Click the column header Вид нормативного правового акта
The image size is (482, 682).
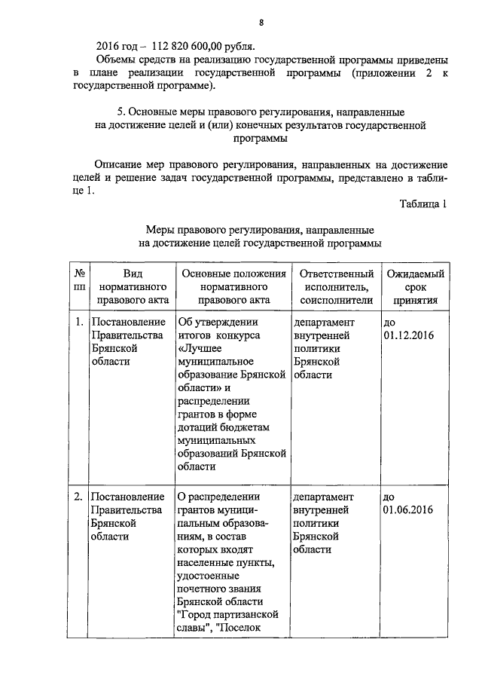tap(132, 286)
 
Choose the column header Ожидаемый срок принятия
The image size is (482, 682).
tap(415, 286)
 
